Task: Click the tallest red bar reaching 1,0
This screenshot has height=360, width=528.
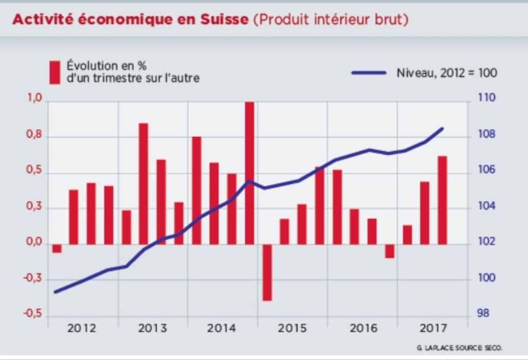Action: coord(250,173)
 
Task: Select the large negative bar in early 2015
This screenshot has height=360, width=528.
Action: coord(267,272)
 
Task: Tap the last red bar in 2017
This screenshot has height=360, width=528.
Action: coord(442,200)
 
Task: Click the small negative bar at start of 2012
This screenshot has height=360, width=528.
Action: coord(56,249)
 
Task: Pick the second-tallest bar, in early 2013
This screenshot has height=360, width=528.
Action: coord(143,184)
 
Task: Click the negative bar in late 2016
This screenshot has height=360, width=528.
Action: coord(389,251)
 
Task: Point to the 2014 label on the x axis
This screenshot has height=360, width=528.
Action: coord(222,329)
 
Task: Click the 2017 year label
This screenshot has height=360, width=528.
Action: coord(433,329)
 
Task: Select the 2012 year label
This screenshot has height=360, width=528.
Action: coord(81,329)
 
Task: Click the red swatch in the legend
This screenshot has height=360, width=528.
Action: coord(55,72)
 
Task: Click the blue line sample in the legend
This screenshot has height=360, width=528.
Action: coord(369,73)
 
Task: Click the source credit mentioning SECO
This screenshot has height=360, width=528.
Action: coord(459,348)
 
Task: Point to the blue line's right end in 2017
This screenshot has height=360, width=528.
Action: coord(442,128)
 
